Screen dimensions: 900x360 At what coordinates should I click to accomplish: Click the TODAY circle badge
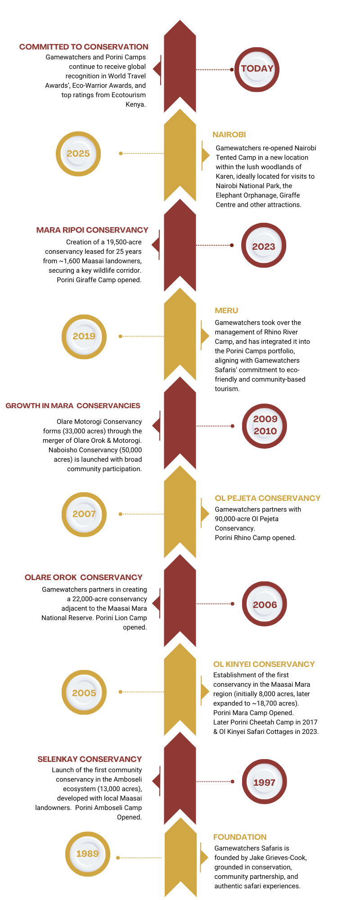(257, 69)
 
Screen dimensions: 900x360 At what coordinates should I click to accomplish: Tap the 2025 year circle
(78, 153)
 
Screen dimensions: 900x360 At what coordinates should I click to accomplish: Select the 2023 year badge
(264, 246)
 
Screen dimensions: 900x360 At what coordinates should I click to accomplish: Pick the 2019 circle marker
(84, 336)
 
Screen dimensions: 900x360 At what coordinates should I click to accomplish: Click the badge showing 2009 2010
(265, 425)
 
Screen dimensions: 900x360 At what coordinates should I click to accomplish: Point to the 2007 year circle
(84, 514)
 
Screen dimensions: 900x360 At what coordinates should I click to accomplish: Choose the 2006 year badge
(265, 604)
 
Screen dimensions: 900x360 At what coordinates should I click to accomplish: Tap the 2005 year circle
(84, 693)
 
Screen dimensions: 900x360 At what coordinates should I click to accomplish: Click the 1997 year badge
(264, 782)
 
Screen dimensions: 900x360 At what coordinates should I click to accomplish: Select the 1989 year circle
(87, 854)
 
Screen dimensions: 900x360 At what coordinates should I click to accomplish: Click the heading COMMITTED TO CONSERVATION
(84, 47)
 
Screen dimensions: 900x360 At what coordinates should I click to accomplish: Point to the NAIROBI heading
(229, 135)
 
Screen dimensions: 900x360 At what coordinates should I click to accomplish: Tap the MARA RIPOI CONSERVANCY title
(92, 230)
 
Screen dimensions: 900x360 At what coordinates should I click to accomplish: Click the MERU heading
(226, 310)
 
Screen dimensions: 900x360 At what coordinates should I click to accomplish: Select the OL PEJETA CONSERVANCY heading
(268, 498)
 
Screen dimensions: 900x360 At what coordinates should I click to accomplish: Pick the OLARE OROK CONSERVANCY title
(84, 577)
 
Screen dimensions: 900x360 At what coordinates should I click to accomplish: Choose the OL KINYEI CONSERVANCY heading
(264, 664)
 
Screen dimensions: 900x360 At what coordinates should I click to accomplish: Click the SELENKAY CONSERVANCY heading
(90, 759)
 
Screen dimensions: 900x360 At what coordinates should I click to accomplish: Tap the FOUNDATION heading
(240, 837)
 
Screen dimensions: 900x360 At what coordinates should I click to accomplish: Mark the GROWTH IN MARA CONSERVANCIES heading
(73, 406)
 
